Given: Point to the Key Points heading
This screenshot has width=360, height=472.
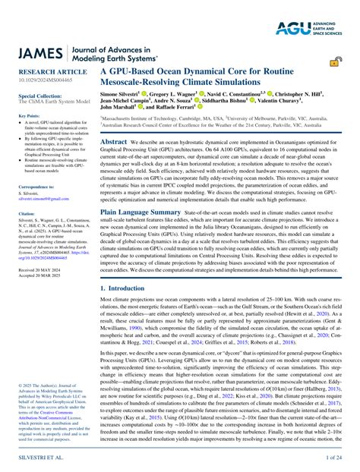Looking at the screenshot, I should pos(27,116).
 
